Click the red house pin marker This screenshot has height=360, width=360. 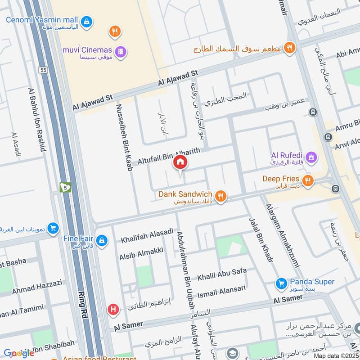coord(180,162)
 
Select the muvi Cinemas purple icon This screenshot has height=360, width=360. coord(120,52)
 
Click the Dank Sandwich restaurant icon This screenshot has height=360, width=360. coord(220,196)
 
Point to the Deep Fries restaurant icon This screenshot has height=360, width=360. coord(308,181)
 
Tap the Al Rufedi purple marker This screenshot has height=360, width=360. coord(311,157)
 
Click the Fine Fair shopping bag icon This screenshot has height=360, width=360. coord(103,239)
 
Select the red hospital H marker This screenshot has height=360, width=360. coord(113,310)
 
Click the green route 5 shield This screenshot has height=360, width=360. coord(66,187)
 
